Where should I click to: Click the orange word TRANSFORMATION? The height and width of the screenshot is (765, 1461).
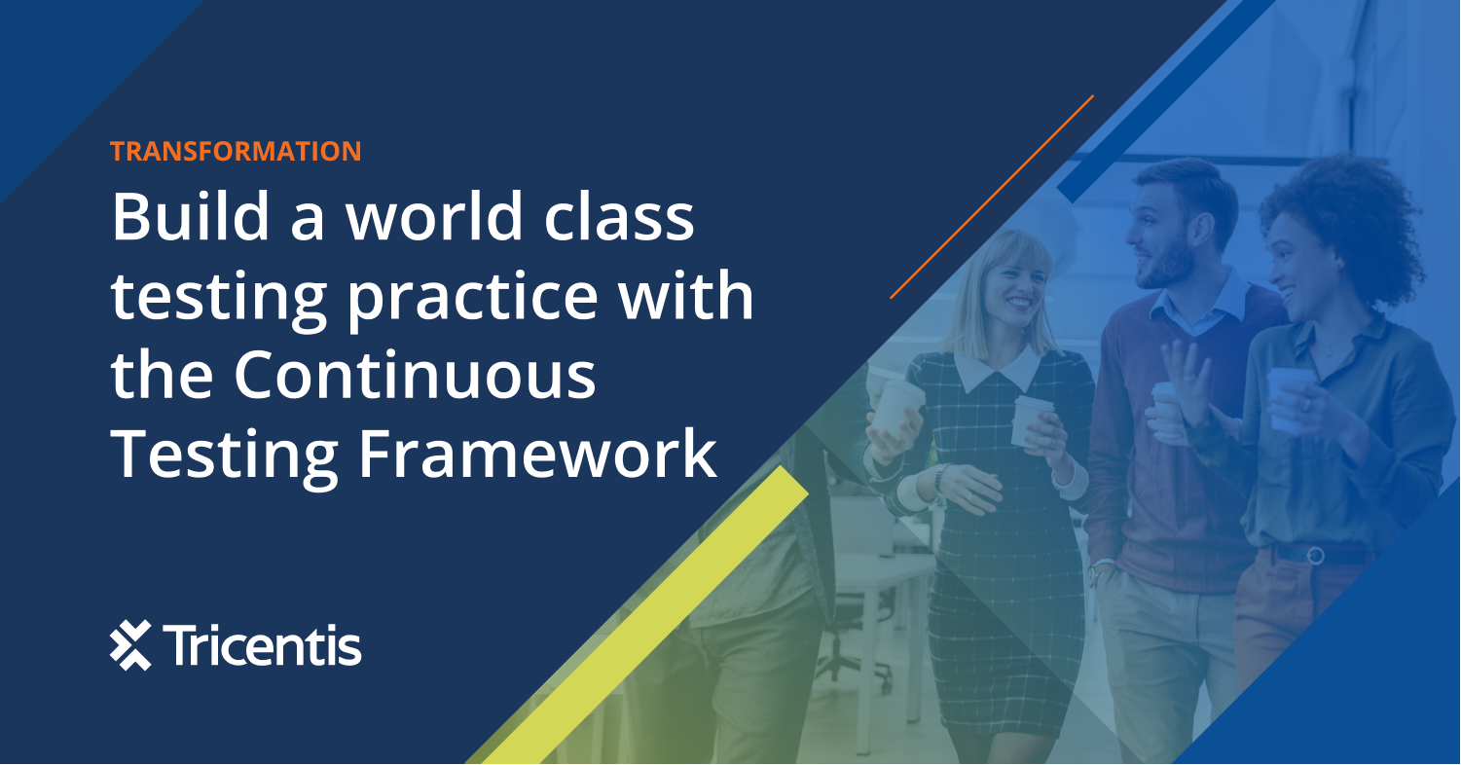(x=236, y=151)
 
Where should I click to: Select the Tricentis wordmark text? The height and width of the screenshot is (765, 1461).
(x=264, y=645)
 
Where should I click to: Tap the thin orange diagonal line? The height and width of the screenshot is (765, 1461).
(x=992, y=196)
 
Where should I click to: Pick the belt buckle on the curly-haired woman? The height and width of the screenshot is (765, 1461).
(x=1315, y=555)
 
